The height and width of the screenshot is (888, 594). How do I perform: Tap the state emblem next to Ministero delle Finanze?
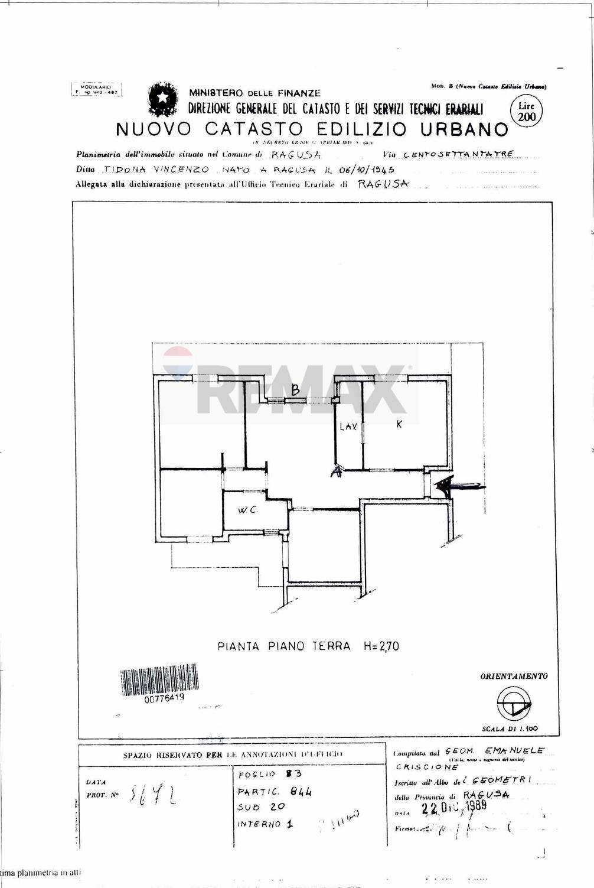pos(161,102)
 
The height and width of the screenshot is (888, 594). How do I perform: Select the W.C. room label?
pos(247,510)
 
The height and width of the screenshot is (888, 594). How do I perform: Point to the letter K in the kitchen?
pos(399,424)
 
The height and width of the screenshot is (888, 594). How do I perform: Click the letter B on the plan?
pos(296,390)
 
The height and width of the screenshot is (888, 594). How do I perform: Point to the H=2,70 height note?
pos(381,646)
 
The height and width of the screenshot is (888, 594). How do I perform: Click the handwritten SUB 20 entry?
pos(262,806)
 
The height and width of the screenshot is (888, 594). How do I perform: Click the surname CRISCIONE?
pos(427,767)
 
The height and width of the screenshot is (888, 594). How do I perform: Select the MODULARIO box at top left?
pos(95,90)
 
